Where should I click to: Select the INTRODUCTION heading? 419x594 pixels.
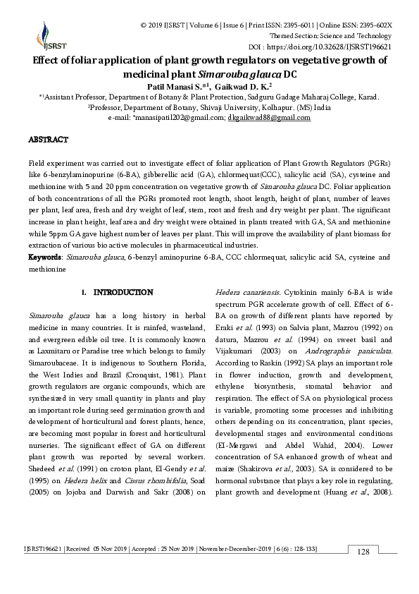[123, 291]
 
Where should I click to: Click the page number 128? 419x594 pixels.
[363, 570]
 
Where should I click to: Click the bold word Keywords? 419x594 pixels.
[45, 257]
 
